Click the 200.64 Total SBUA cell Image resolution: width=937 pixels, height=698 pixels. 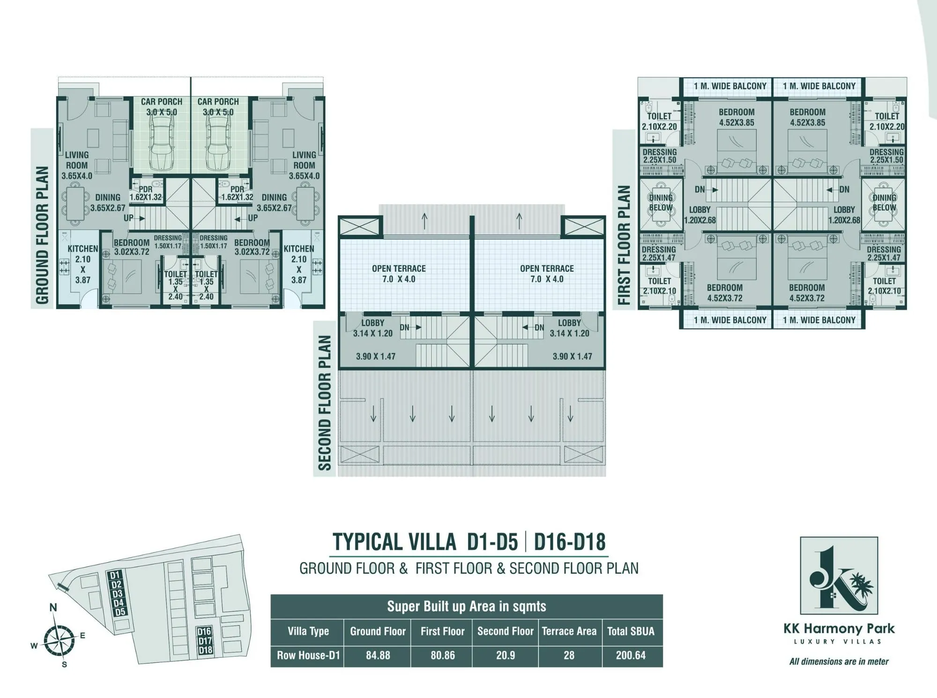pyautogui.click(x=631, y=655)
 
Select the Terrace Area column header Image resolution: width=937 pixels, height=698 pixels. pyautogui.click(x=569, y=631)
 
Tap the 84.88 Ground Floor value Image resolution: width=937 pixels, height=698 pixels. pyautogui.click(x=378, y=655)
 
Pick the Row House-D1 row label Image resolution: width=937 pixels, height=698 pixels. pyautogui.click(x=308, y=655)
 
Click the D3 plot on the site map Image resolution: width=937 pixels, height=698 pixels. pyautogui.click(x=117, y=594)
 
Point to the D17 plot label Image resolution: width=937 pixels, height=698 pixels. pyautogui.click(x=205, y=640)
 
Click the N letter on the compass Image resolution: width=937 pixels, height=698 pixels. pyautogui.click(x=53, y=608)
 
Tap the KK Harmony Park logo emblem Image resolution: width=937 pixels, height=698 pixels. pyautogui.click(x=839, y=576)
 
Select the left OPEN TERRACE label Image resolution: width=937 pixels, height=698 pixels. pyautogui.click(x=399, y=274)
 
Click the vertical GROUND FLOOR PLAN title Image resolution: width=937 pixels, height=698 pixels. pyautogui.click(x=42, y=235)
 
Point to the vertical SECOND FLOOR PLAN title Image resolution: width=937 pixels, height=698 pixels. pyautogui.click(x=325, y=403)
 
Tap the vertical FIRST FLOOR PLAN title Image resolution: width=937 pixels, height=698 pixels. pyautogui.click(x=624, y=245)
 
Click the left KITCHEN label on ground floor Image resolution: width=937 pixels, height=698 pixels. pyautogui.click(x=83, y=249)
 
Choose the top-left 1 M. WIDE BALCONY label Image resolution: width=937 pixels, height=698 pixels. pyautogui.click(x=730, y=86)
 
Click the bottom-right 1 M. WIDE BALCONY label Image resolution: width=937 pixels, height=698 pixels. pyautogui.click(x=819, y=320)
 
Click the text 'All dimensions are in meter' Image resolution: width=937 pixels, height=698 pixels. pyautogui.click(x=839, y=661)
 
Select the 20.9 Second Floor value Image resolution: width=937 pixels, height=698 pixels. pyautogui.click(x=505, y=655)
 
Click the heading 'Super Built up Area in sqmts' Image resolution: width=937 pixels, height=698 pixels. pyautogui.click(x=467, y=606)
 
